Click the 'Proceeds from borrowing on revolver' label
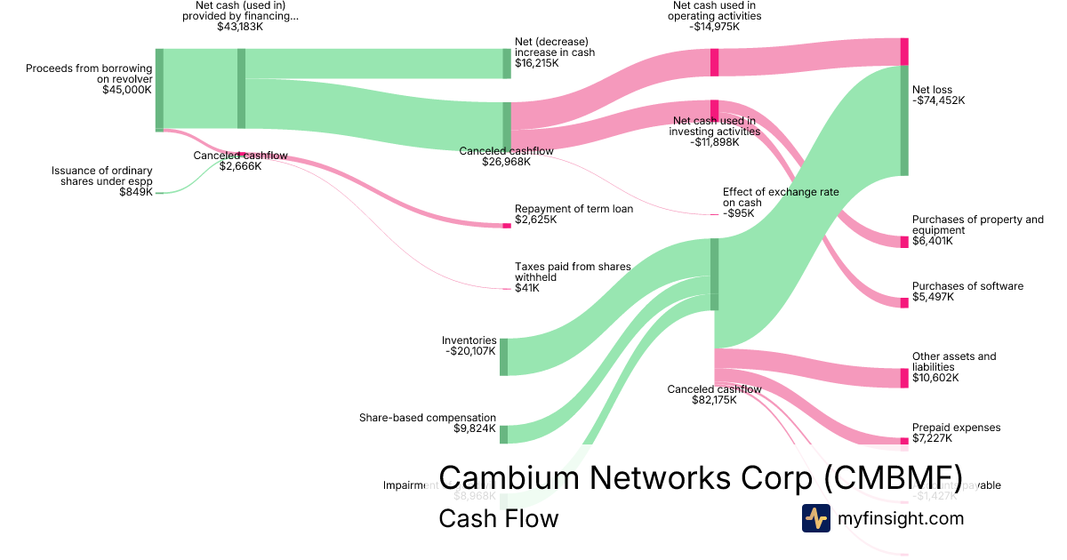pos(89,73)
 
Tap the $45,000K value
pos(127,90)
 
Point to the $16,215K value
pos(538,64)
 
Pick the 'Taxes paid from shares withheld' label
pos(573,271)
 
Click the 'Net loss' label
pos(932,90)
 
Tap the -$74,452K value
pos(938,100)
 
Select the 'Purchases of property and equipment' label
pos(977,225)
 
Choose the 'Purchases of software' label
pos(967,286)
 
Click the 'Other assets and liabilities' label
pos(954,362)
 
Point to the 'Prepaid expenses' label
pos(956,428)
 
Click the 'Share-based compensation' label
pos(428,418)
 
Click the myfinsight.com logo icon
pos(815,518)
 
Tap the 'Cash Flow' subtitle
pos(499,518)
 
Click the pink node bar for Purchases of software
pos(904,303)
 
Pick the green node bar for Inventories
pos(503,356)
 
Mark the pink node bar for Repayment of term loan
pos(507,226)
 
